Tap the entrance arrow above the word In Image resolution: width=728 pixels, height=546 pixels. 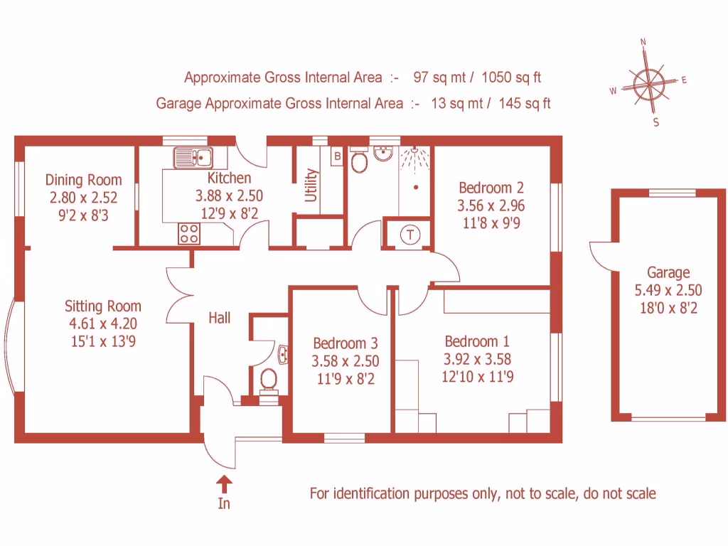[224, 484]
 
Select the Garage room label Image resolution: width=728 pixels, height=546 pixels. [668, 272]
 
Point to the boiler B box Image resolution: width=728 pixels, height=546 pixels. [338, 155]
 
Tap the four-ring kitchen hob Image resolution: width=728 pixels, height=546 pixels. [189, 233]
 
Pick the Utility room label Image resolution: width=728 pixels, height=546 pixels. [311, 185]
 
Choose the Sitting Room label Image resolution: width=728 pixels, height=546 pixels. [102, 306]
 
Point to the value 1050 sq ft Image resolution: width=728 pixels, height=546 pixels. [512, 77]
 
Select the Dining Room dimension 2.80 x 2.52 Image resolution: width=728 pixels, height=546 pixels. [83, 198]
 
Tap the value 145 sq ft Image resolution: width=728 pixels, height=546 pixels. [525, 103]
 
